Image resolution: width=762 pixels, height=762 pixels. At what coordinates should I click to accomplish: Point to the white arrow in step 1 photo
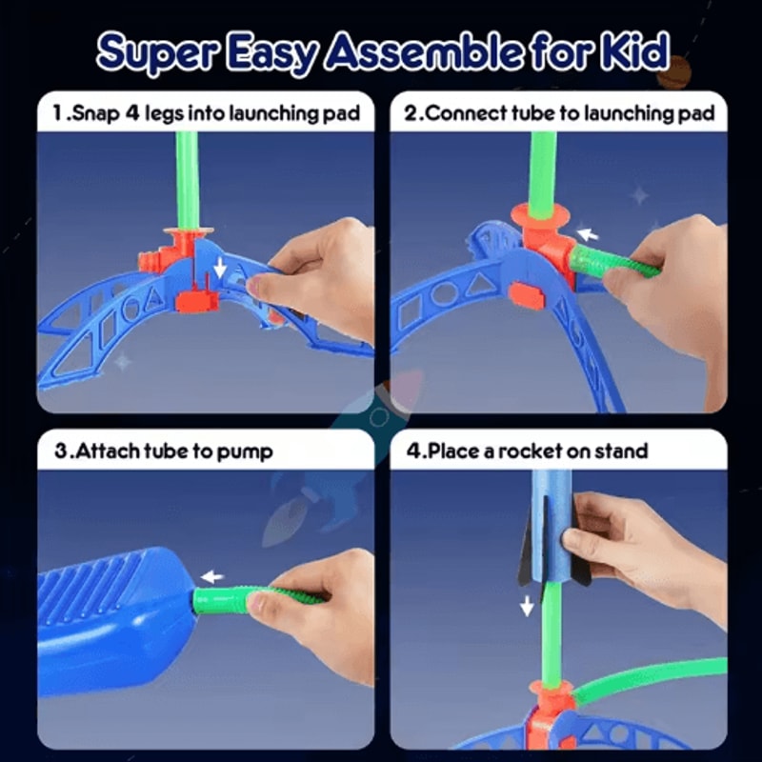click(220, 270)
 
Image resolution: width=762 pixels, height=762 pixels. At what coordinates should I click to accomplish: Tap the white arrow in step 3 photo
click(211, 576)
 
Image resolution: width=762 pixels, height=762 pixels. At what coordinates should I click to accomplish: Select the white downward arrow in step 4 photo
click(527, 605)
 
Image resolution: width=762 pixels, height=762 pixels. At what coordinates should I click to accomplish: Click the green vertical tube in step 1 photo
click(188, 176)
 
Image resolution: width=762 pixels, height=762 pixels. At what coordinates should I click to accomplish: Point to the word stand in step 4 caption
click(620, 451)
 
